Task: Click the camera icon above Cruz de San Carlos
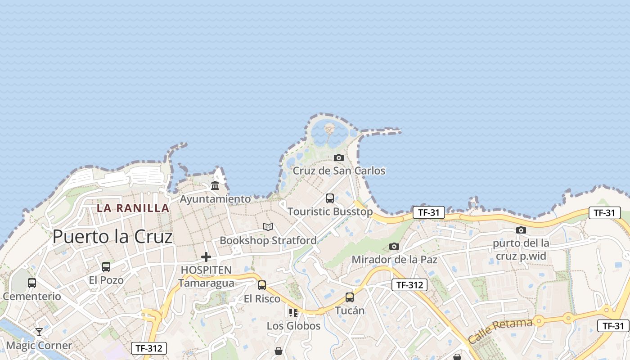pos(339,157)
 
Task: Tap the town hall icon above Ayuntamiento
pos(215,185)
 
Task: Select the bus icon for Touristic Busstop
pos(330,198)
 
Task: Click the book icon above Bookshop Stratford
pos(268,227)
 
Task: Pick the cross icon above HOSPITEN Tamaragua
pos(206,257)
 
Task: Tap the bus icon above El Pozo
pos(106,266)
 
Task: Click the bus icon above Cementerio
pos(32,283)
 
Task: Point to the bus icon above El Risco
pos(262,285)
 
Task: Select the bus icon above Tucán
pos(350,297)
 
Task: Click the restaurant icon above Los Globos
pos(293,312)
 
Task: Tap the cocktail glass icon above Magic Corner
pos(39,332)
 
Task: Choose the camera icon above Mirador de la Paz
pos(394,246)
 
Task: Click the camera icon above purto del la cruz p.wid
pos(521,230)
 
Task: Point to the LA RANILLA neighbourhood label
pos(133,208)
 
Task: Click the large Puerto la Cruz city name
pos(112,237)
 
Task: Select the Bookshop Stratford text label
pos(268,240)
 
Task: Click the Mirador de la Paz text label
pos(394,260)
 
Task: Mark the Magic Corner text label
pos(39,346)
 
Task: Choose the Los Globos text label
pos(293,326)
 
